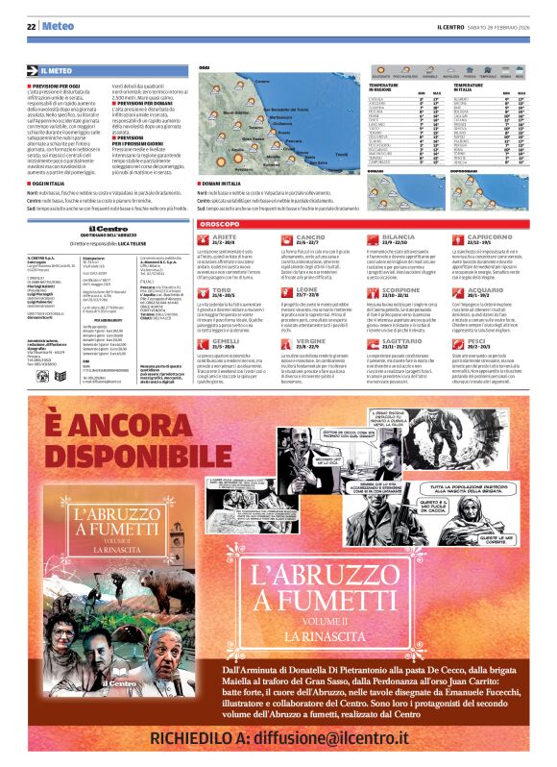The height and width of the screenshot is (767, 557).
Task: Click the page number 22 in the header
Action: (31, 26)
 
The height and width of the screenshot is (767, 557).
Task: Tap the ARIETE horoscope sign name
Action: (225, 235)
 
